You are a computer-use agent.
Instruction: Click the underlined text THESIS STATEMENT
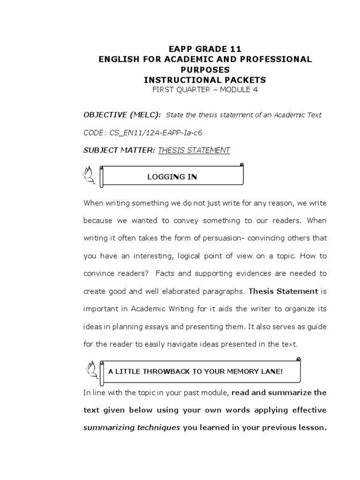coord(194,150)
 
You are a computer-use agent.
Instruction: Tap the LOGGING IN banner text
coord(172,177)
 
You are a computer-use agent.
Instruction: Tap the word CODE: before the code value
coord(95,133)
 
